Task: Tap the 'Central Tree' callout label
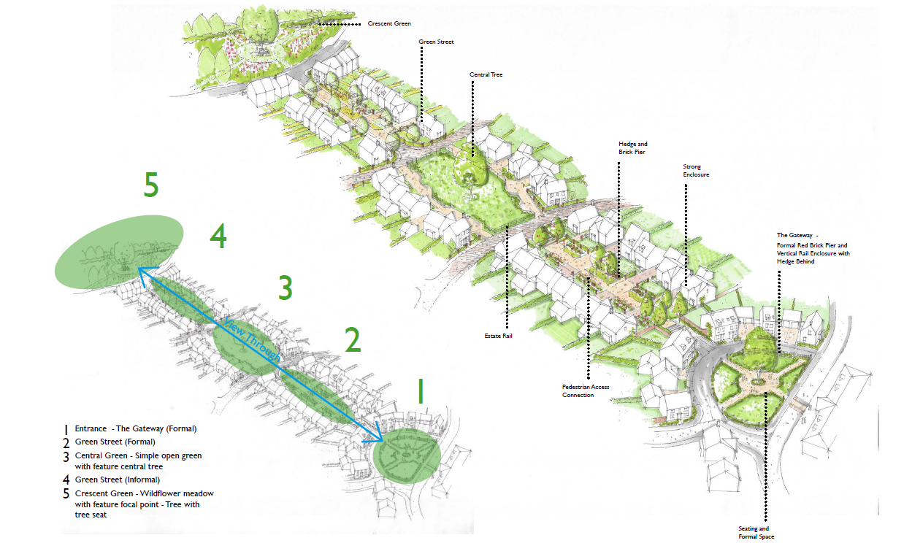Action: pos(486,74)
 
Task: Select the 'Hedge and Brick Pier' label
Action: pos(632,148)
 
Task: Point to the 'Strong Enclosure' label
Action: pos(696,171)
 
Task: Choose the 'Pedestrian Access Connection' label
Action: pos(586,391)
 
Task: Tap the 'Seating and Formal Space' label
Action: pos(754,533)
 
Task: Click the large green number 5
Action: pos(150,186)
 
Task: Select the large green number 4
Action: pos(218,236)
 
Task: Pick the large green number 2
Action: pos(353,340)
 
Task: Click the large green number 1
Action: pos(419,391)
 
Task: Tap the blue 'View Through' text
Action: pos(252,341)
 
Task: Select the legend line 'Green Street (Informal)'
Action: pos(117,480)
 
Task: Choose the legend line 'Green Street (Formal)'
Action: pos(115,442)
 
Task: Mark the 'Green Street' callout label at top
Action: pos(436,42)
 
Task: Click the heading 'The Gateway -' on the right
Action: pos(797,236)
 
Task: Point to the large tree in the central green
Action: pos(470,168)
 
